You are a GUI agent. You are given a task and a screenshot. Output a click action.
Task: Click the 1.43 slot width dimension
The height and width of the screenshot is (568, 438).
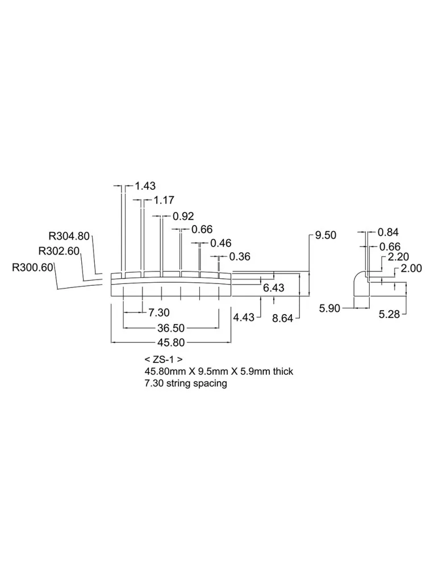coord(145,186)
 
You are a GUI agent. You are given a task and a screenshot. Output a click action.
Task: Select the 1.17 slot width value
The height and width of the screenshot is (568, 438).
coord(164,200)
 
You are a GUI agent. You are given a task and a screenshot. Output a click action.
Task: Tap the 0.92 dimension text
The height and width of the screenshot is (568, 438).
coord(183,216)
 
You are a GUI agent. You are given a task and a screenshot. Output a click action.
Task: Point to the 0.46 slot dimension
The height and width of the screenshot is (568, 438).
coord(220,243)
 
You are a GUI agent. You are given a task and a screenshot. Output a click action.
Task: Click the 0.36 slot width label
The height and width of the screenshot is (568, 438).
coord(240,257)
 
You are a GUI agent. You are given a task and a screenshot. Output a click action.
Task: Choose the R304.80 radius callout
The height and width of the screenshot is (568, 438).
coord(69,236)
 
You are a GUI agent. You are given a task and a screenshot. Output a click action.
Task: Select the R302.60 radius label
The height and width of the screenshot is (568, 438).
coord(59,250)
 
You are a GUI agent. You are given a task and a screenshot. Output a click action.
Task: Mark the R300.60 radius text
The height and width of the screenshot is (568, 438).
coord(32,268)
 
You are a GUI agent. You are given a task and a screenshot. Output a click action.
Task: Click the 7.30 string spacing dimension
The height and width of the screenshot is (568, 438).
coord(159,312)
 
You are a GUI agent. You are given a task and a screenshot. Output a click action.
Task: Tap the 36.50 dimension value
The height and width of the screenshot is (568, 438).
coord(171,328)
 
